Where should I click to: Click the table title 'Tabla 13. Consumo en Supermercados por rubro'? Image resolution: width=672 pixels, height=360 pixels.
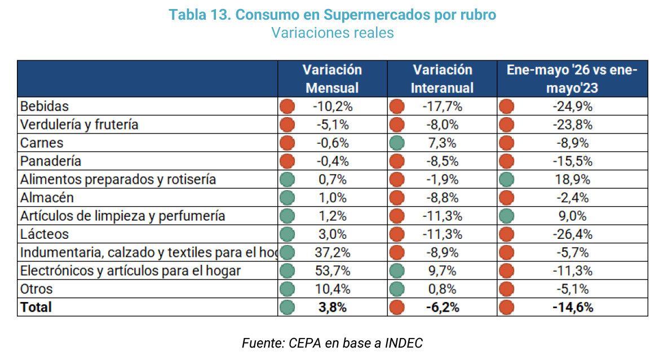332,15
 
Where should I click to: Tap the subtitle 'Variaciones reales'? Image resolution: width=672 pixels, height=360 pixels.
332,33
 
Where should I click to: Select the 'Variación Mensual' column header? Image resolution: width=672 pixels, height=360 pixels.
332,79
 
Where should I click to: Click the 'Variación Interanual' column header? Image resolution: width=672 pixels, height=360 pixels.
442,79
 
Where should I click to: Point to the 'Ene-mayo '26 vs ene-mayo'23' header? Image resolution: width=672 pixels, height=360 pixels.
572,79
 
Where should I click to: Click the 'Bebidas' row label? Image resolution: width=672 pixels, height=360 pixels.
44,106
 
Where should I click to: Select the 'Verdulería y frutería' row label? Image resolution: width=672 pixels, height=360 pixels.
79,125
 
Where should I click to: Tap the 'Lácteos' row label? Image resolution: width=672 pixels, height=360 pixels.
44,234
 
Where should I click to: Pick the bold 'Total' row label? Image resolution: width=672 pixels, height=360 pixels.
36,308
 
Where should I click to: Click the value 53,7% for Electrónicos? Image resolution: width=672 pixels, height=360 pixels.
333,271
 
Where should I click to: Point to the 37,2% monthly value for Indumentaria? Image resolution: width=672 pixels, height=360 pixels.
333,252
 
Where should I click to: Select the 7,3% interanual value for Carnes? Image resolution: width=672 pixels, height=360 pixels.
443,143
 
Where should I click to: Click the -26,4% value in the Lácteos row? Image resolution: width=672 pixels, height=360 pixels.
573,234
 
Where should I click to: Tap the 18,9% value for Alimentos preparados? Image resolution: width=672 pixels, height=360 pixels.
573,179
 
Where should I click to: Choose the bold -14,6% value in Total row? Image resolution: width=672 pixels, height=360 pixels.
573,308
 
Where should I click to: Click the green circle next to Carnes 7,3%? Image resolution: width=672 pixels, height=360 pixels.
397,143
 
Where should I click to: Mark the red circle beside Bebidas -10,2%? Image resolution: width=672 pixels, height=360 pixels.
287,106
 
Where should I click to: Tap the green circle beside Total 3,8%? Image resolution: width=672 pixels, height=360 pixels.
287,308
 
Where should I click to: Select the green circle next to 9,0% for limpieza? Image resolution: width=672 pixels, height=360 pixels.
507,216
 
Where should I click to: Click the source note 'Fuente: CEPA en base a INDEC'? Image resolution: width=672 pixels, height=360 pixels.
332,343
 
